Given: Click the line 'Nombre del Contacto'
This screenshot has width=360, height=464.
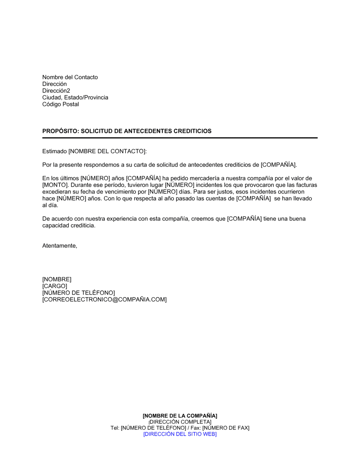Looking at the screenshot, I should click(70, 77).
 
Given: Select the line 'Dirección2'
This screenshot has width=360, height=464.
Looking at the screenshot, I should click(56, 91).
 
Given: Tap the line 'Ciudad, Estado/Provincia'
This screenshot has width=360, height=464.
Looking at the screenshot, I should click(75, 97).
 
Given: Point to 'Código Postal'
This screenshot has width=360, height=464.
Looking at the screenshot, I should click(60, 104).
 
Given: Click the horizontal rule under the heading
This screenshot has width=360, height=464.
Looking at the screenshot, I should click(180, 138).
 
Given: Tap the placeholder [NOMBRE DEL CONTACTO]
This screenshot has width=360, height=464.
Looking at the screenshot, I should click(107, 151).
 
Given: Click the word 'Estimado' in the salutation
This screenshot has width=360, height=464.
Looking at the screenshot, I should click(54, 151).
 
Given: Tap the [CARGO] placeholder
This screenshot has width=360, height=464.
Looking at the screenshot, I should click(55, 286).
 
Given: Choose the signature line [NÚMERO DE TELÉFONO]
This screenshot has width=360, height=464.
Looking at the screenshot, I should click(78, 293).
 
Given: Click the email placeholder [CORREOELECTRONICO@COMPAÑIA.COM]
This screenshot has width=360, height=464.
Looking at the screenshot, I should click(104, 300).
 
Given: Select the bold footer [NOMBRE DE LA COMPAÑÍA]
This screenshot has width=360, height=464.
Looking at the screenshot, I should click(180, 416).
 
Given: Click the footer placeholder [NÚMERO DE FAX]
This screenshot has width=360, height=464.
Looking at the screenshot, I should click(226, 428).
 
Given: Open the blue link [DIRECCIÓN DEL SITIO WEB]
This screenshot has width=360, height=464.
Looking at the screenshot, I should click(180, 434).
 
